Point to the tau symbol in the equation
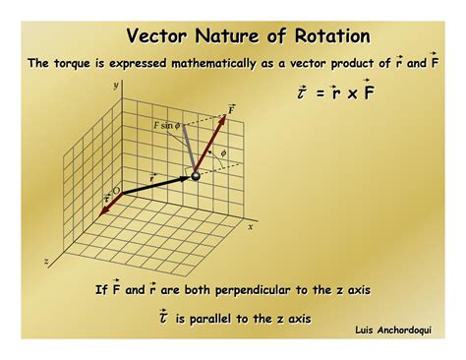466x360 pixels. (x=303, y=94)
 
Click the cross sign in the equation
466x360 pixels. (x=350, y=94)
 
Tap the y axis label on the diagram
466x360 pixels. (x=115, y=87)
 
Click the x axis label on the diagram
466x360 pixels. (x=250, y=225)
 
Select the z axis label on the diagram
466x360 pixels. (x=45, y=262)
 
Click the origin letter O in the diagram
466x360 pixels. (x=117, y=190)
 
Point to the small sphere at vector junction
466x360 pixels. (x=195, y=175)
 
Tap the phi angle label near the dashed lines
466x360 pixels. (x=224, y=152)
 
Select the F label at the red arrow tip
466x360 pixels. (x=232, y=107)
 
